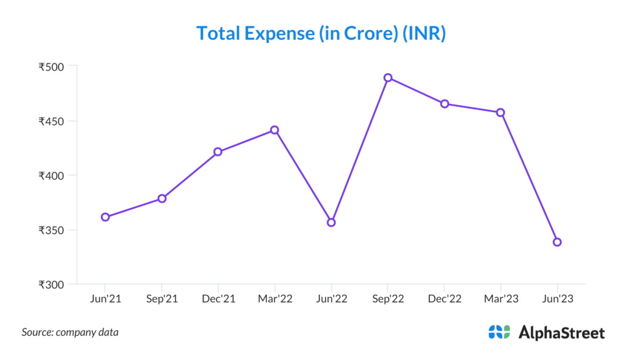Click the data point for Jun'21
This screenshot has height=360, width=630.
tap(105, 217)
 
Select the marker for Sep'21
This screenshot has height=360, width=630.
tap(162, 198)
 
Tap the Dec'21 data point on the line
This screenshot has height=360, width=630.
tap(218, 151)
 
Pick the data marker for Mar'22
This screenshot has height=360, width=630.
tap(274, 130)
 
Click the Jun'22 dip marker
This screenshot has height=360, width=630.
tap(331, 222)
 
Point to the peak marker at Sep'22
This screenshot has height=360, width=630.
tap(388, 78)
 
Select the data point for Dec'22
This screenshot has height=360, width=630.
tap(444, 103)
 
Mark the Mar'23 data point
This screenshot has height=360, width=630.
tap(501, 113)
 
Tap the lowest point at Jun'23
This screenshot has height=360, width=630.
tap(557, 242)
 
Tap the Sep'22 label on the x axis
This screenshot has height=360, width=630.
tap(388, 298)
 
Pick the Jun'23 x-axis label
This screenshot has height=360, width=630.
tap(557, 298)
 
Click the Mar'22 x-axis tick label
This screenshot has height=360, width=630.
tap(274, 298)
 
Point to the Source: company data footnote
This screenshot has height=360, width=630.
tap(70, 332)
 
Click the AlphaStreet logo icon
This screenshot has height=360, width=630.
tap(499, 332)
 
